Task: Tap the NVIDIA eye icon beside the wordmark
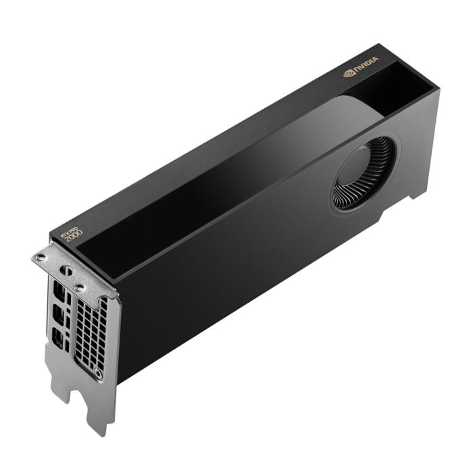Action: click(x=349, y=72)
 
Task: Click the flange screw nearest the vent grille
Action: click(x=80, y=288)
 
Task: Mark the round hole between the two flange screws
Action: click(x=67, y=270)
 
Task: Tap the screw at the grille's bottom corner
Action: click(x=99, y=372)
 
